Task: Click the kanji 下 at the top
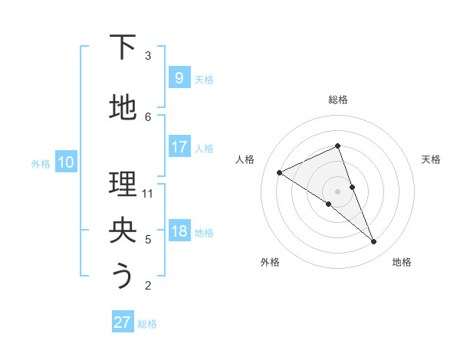(x=123, y=48)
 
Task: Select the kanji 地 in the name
(x=123, y=109)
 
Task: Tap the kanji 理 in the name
(x=123, y=185)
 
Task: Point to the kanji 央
(x=123, y=231)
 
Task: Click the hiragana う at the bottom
(x=123, y=277)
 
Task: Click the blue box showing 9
(x=179, y=77)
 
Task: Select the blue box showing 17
(x=179, y=147)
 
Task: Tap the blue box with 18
(x=179, y=231)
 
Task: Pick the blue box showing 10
(x=66, y=162)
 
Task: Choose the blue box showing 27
(x=123, y=322)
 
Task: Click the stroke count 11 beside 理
(x=149, y=194)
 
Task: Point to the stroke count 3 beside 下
(x=148, y=56)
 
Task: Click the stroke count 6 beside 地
(x=148, y=117)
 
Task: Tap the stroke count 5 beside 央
(x=148, y=240)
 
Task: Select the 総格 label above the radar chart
(x=337, y=100)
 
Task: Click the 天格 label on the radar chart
(x=431, y=159)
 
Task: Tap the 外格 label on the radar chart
(x=270, y=262)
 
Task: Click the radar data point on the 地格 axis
(x=374, y=242)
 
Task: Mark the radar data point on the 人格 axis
(x=279, y=173)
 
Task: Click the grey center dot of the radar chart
(x=337, y=191)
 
